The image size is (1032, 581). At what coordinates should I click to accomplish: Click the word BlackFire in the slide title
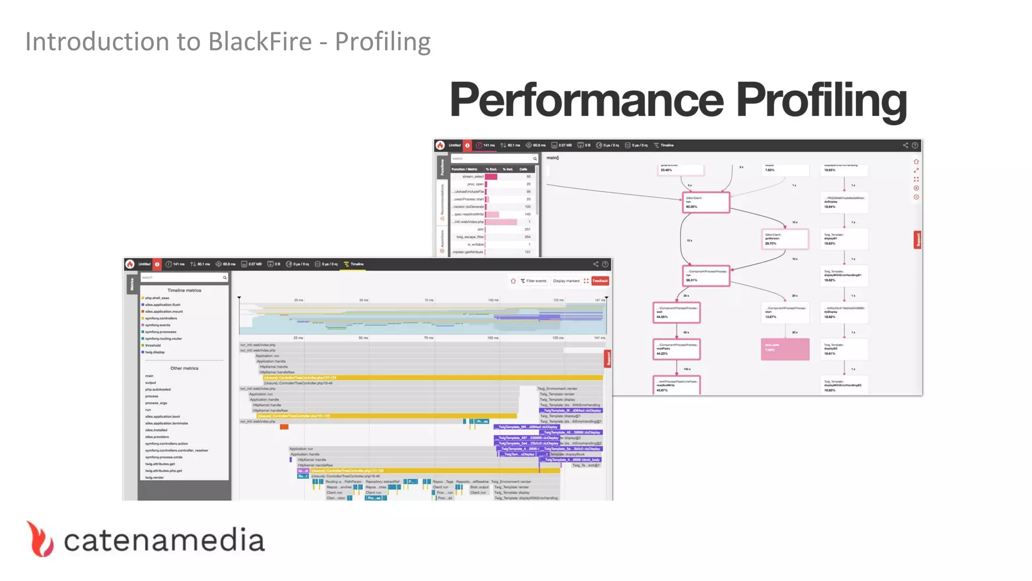tap(260, 41)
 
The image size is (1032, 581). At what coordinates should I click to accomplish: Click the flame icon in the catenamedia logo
tap(40, 539)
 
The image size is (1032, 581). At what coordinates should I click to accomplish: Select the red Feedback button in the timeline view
tap(600, 281)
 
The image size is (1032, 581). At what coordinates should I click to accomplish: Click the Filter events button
tap(534, 281)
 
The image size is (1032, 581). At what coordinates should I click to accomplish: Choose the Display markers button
tap(566, 281)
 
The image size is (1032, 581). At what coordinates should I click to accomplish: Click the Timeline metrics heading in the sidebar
tap(184, 290)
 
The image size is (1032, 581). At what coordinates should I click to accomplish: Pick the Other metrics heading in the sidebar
tap(184, 368)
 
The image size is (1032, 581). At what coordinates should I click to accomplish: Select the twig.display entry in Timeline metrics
tap(155, 352)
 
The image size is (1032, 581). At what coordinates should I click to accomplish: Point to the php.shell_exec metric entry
tap(157, 298)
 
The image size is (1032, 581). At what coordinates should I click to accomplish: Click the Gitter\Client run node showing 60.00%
tap(705, 202)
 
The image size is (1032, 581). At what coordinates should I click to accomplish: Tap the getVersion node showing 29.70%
tap(785, 239)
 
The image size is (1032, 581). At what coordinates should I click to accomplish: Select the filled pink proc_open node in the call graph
tap(785, 349)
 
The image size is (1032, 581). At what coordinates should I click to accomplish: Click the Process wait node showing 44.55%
tap(676, 313)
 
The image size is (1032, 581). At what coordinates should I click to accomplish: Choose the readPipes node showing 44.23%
tap(676, 349)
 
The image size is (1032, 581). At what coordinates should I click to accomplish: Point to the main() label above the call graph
tap(553, 158)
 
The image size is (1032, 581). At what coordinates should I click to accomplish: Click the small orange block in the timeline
tap(284, 427)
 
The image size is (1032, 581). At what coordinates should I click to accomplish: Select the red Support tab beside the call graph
tap(918, 240)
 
